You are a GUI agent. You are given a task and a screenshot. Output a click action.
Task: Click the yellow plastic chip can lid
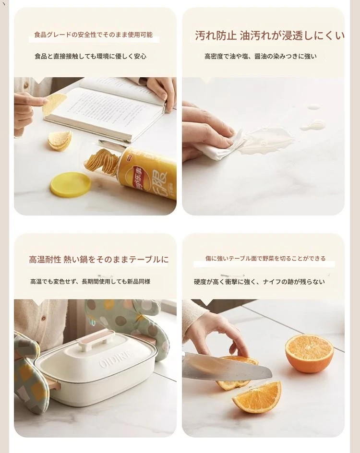(70, 185)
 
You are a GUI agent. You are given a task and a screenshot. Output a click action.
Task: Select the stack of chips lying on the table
(60, 141)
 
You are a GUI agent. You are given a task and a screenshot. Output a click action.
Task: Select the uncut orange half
(309, 353)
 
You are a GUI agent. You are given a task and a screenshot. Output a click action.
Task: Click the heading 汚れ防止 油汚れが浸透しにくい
(270, 36)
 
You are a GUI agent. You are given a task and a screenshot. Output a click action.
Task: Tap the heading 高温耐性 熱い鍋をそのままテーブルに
(98, 259)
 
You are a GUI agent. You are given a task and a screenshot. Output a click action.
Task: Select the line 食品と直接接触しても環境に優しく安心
(90, 56)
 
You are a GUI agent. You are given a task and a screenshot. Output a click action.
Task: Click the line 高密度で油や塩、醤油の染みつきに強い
(260, 56)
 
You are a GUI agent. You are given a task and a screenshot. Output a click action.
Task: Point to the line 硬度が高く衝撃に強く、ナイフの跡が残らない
(259, 282)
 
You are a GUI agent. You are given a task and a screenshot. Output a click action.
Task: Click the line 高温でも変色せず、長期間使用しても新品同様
(90, 281)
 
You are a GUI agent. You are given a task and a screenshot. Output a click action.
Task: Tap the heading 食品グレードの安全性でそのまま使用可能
(93, 35)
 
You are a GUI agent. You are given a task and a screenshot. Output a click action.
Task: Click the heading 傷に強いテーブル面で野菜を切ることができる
(265, 258)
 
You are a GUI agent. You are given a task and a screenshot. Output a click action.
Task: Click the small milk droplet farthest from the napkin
(314, 107)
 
